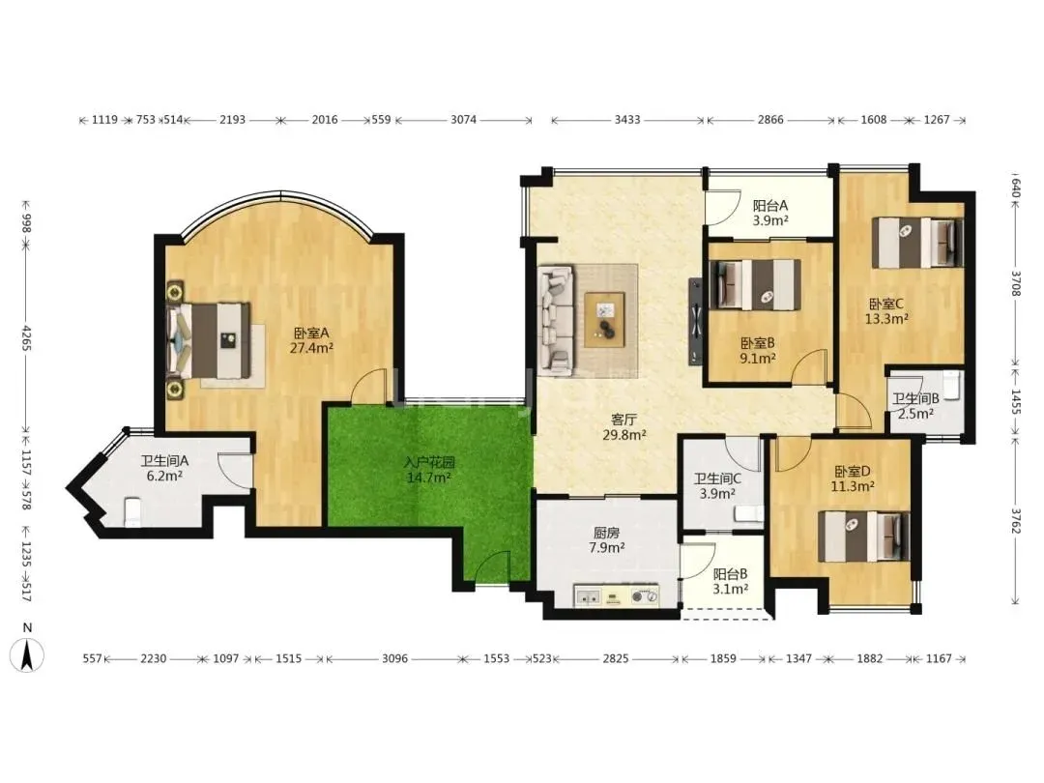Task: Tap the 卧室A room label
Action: [x=311, y=333]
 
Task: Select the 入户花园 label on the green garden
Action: [x=429, y=462]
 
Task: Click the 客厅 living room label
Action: [x=623, y=420]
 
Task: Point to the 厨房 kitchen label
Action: [x=606, y=533]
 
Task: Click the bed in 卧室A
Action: [x=209, y=340]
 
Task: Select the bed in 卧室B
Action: [x=756, y=284]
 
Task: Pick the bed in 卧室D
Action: [x=863, y=536]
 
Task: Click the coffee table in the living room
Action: [x=604, y=320]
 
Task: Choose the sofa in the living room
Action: [x=555, y=318]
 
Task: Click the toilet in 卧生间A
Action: [x=132, y=511]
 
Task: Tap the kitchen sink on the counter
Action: [x=587, y=597]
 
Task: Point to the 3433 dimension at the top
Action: [x=627, y=120]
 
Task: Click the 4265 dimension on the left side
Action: [x=27, y=338]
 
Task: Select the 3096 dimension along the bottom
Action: [x=394, y=658]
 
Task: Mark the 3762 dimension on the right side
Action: [x=1015, y=521]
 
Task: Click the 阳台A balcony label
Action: [x=770, y=206]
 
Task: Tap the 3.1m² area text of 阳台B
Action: [x=731, y=590]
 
